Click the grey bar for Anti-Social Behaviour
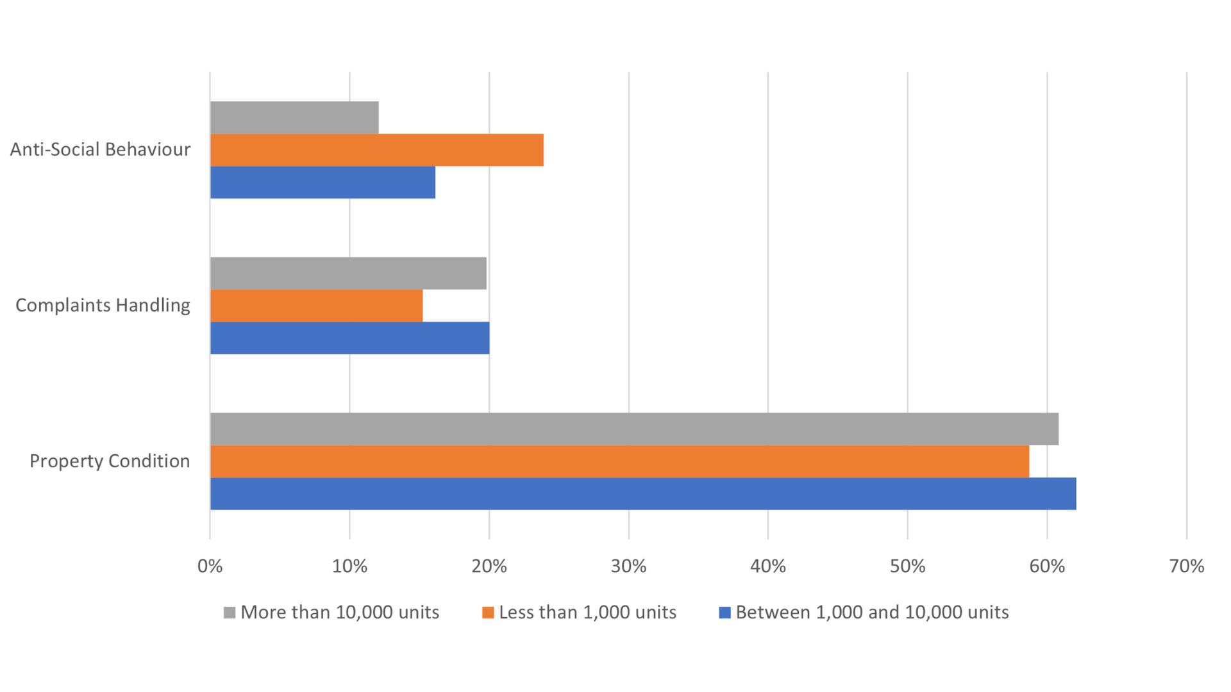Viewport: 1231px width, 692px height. coord(294,118)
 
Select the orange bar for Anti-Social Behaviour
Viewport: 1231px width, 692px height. coord(377,150)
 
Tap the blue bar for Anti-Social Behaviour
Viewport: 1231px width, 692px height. coord(322,183)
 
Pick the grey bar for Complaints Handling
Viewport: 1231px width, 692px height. coord(348,274)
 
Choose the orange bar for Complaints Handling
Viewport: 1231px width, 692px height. coord(316,306)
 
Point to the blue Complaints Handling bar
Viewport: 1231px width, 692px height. coord(349,338)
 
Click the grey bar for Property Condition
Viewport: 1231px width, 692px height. coord(634,429)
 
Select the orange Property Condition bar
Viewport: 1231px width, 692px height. coord(619,461)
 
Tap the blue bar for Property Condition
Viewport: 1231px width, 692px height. coord(643,493)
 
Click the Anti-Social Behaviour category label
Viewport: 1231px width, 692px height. coord(100,149)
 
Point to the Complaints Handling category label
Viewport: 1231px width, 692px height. coord(103,305)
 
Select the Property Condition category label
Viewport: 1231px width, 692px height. coord(110,461)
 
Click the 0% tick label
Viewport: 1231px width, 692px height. coord(210,566)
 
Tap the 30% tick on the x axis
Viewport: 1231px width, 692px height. coord(628,566)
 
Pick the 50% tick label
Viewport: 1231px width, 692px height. coord(907,566)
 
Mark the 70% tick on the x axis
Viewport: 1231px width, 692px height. coord(1186,566)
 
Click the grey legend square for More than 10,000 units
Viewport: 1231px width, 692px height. coord(230,613)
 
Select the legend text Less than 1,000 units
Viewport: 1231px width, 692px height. coord(587,613)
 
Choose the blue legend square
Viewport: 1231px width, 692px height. coord(725,613)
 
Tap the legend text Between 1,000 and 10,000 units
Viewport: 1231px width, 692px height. coord(872,613)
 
